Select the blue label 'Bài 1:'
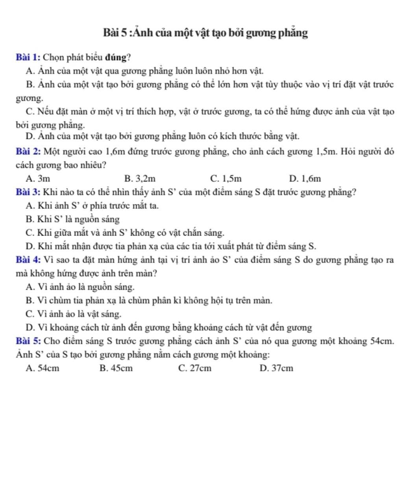coord(28,57)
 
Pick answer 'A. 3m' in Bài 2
coord(38,179)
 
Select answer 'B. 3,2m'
coord(140,179)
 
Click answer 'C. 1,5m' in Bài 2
coord(226,179)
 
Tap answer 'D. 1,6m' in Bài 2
coord(305,179)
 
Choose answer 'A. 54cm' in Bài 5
coord(43,369)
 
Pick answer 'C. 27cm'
coord(194,369)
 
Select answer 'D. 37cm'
coord(276,369)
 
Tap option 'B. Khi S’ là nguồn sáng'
coord(72,219)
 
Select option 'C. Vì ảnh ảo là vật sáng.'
coord(73,314)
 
